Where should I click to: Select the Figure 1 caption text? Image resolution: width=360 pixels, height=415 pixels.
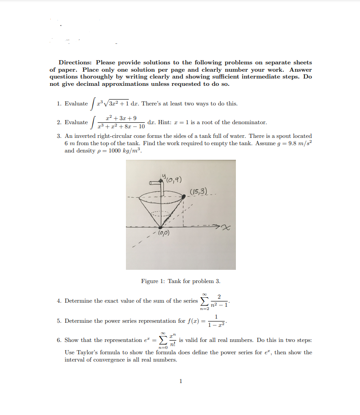click(181, 281)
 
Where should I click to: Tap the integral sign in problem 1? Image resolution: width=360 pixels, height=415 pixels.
click(93, 104)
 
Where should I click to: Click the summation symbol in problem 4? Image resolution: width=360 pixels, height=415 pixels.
click(205, 301)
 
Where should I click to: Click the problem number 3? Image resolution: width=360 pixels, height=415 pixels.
click(59, 136)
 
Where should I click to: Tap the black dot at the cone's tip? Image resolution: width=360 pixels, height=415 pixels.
click(160, 226)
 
